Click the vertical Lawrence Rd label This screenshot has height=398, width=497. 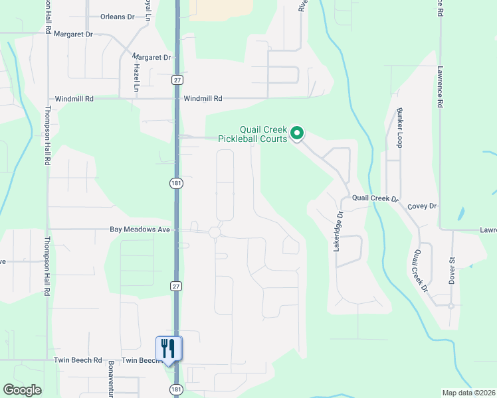coord(440,87)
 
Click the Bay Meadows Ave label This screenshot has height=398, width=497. coord(141,230)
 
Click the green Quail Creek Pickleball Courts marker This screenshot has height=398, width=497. coord(298,134)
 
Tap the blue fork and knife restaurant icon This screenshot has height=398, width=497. coord(168,348)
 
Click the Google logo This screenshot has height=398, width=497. coord(22,390)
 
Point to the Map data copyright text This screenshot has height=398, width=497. coord(469,393)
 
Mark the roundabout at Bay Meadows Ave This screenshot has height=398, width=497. coord(214,232)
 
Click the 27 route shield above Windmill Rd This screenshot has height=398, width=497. coord(176,80)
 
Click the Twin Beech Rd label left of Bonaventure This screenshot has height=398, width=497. coord(78,360)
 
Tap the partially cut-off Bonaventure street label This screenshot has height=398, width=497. coord(111,379)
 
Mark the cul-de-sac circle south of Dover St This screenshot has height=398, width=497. coord(450,306)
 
